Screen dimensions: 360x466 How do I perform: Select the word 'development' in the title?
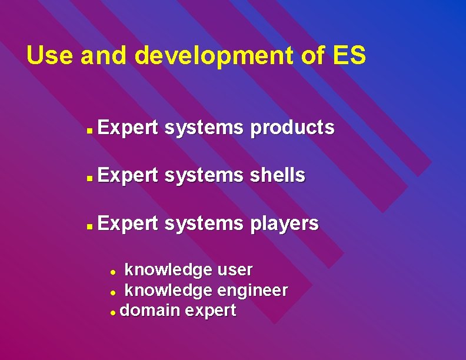point(211,56)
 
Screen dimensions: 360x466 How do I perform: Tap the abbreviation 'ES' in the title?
point(349,56)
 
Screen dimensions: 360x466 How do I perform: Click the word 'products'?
point(292,128)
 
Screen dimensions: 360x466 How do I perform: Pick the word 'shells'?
point(278,175)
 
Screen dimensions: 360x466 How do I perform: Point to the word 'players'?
point(285,224)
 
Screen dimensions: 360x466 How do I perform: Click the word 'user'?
point(235,270)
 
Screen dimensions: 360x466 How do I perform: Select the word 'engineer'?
point(252,290)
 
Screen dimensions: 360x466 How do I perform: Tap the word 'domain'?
point(148,310)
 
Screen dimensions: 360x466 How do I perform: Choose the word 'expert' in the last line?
point(211,311)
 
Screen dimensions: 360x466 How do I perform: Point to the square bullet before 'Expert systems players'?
point(88,225)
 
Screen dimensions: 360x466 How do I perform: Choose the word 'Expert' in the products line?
point(128,128)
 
